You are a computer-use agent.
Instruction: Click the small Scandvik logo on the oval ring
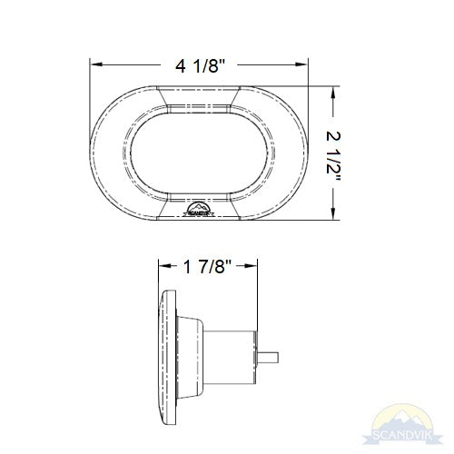click(199, 211)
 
